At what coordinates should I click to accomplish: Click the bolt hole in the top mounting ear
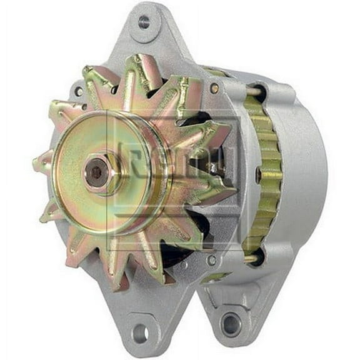[x=144, y=22]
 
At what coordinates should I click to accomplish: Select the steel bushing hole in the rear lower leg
[x=232, y=324]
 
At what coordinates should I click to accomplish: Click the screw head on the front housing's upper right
[x=214, y=88]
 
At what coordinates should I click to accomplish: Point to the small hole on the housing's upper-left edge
[x=78, y=91]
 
